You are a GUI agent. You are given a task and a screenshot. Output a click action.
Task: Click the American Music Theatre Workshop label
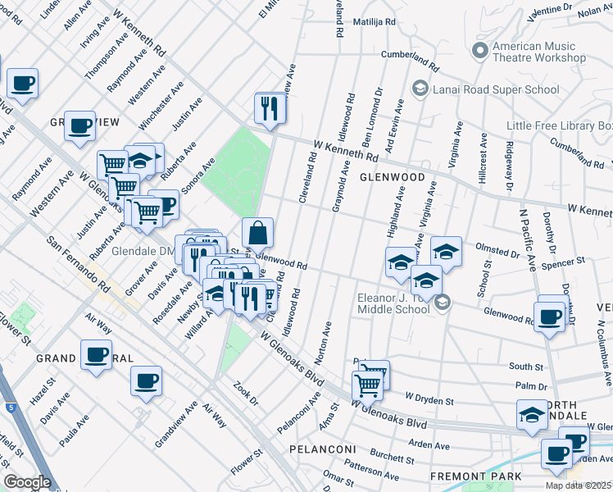pyautogui.click(x=538, y=52)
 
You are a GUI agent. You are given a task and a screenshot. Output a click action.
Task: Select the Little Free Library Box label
pyautogui.click(x=560, y=125)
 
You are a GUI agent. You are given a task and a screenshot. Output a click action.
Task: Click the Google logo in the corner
pyautogui.click(x=27, y=482)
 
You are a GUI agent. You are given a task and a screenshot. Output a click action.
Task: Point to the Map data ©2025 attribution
pyautogui.click(x=578, y=485)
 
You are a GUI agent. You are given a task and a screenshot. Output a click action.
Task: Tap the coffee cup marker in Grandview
pyautogui.click(x=79, y=125)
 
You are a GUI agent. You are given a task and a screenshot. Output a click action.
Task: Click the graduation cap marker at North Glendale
pyautogui.click(x=532, y=415)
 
